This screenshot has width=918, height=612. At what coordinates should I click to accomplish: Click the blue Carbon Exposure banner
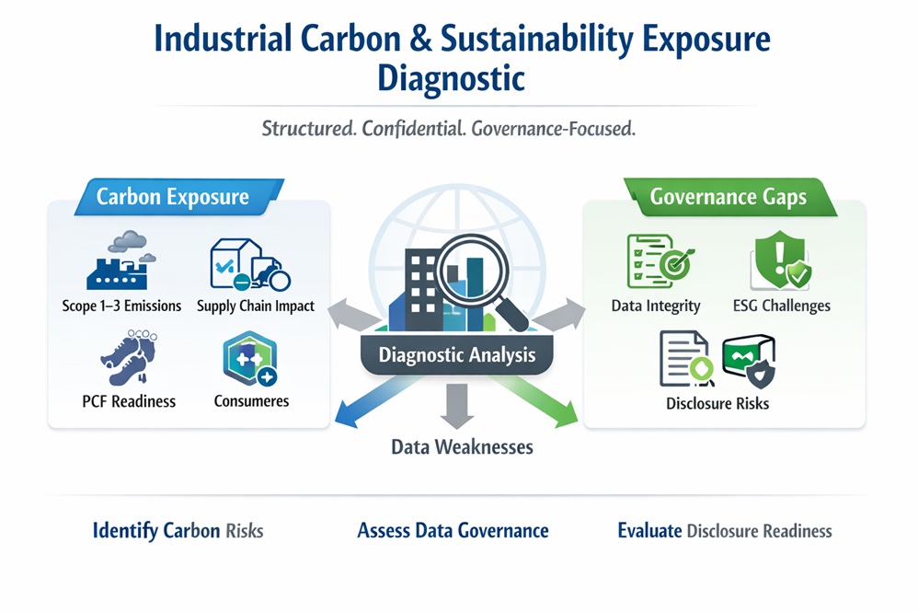click(179, 197)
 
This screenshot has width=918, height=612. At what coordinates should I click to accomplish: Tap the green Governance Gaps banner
click(729, 197)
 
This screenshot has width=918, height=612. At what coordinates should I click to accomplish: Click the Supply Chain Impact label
click(256, 306)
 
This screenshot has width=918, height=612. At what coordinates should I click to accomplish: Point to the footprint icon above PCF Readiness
click(130, 357)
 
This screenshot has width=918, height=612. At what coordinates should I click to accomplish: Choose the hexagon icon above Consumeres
click(250, 358)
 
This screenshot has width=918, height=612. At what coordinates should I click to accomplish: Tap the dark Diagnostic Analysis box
click(456, 355)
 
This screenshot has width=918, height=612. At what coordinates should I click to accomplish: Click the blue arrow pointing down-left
click(373, 400)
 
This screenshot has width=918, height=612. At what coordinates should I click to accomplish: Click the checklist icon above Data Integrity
click(660, 261)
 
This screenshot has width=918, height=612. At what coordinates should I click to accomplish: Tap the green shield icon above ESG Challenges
click(780, 260)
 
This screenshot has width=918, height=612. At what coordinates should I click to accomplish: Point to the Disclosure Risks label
click(717, 403)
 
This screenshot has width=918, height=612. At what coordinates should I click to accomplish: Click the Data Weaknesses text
click(462, 447)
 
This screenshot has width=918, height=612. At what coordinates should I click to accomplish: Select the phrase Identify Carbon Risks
click(178, 531)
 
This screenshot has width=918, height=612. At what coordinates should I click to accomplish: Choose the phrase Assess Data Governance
click(453, 531)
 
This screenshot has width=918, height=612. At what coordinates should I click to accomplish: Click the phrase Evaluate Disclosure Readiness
click(725, 531)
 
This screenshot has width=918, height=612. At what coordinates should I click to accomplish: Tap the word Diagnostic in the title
click(451, 78)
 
